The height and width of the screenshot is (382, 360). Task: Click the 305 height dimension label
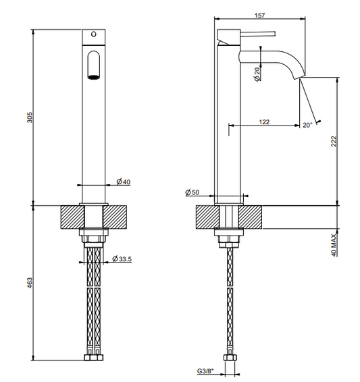pos(29,117)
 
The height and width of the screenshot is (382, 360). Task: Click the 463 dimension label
pos(29,283)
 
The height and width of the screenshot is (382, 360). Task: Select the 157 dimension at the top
pos(259,16)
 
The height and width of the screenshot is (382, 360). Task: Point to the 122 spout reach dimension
pos(264,121)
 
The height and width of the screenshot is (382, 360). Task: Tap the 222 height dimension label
pos(334,141)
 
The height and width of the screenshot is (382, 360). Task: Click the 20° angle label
pos(307,125)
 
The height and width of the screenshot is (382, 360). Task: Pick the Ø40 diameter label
pos(124,182)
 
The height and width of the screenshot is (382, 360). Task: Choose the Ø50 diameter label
pos(192,192)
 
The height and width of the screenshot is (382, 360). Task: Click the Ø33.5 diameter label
pos(122,258)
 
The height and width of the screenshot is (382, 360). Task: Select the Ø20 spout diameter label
pos(257,74)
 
